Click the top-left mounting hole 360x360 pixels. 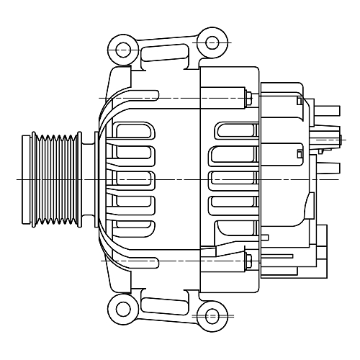123,50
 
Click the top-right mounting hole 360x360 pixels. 210,40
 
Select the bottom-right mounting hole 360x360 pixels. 210,316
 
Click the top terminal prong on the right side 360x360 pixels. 327,112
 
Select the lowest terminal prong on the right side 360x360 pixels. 327,168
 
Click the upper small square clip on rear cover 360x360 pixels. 298,104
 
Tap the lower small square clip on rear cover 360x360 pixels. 298,151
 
